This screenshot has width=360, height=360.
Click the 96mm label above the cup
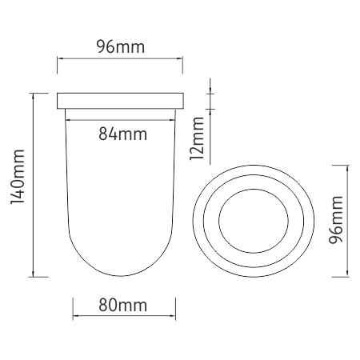click(x=121, y=46)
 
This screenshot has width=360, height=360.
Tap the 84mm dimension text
click(x=122, y=134)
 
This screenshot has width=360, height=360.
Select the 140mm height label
click(x=18, y=177)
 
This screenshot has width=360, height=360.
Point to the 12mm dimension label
click(x=197, y=138)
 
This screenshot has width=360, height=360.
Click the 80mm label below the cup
click(x=122, y=305)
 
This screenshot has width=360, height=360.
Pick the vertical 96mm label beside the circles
click(x=336, y=219)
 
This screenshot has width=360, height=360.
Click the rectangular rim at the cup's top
click(x=120, y=101)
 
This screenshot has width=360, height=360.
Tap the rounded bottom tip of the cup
click(x=121, y=276)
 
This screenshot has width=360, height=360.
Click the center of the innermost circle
click(x=254, y=221)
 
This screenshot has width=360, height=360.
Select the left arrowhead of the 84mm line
click(x=68, y=120)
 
